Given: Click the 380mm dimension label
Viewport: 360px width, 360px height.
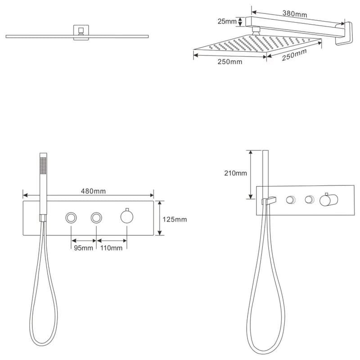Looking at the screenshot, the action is (295, 14).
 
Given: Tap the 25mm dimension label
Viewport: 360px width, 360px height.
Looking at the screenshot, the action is (227, 21).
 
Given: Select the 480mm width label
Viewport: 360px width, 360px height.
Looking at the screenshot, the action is (93, 191).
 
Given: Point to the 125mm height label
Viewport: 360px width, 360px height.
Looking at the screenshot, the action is (175, 220).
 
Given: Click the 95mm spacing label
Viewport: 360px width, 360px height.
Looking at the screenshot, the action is (83, 248).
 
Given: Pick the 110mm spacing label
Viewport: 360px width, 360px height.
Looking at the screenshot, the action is (111, 248).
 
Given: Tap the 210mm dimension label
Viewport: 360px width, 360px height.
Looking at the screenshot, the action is (235, 173).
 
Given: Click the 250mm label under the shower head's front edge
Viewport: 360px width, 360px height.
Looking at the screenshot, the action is (230, 62).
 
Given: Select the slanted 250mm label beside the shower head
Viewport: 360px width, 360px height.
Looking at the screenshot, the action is (294, 55).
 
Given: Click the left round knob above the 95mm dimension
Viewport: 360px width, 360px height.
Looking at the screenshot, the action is (71, 218).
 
